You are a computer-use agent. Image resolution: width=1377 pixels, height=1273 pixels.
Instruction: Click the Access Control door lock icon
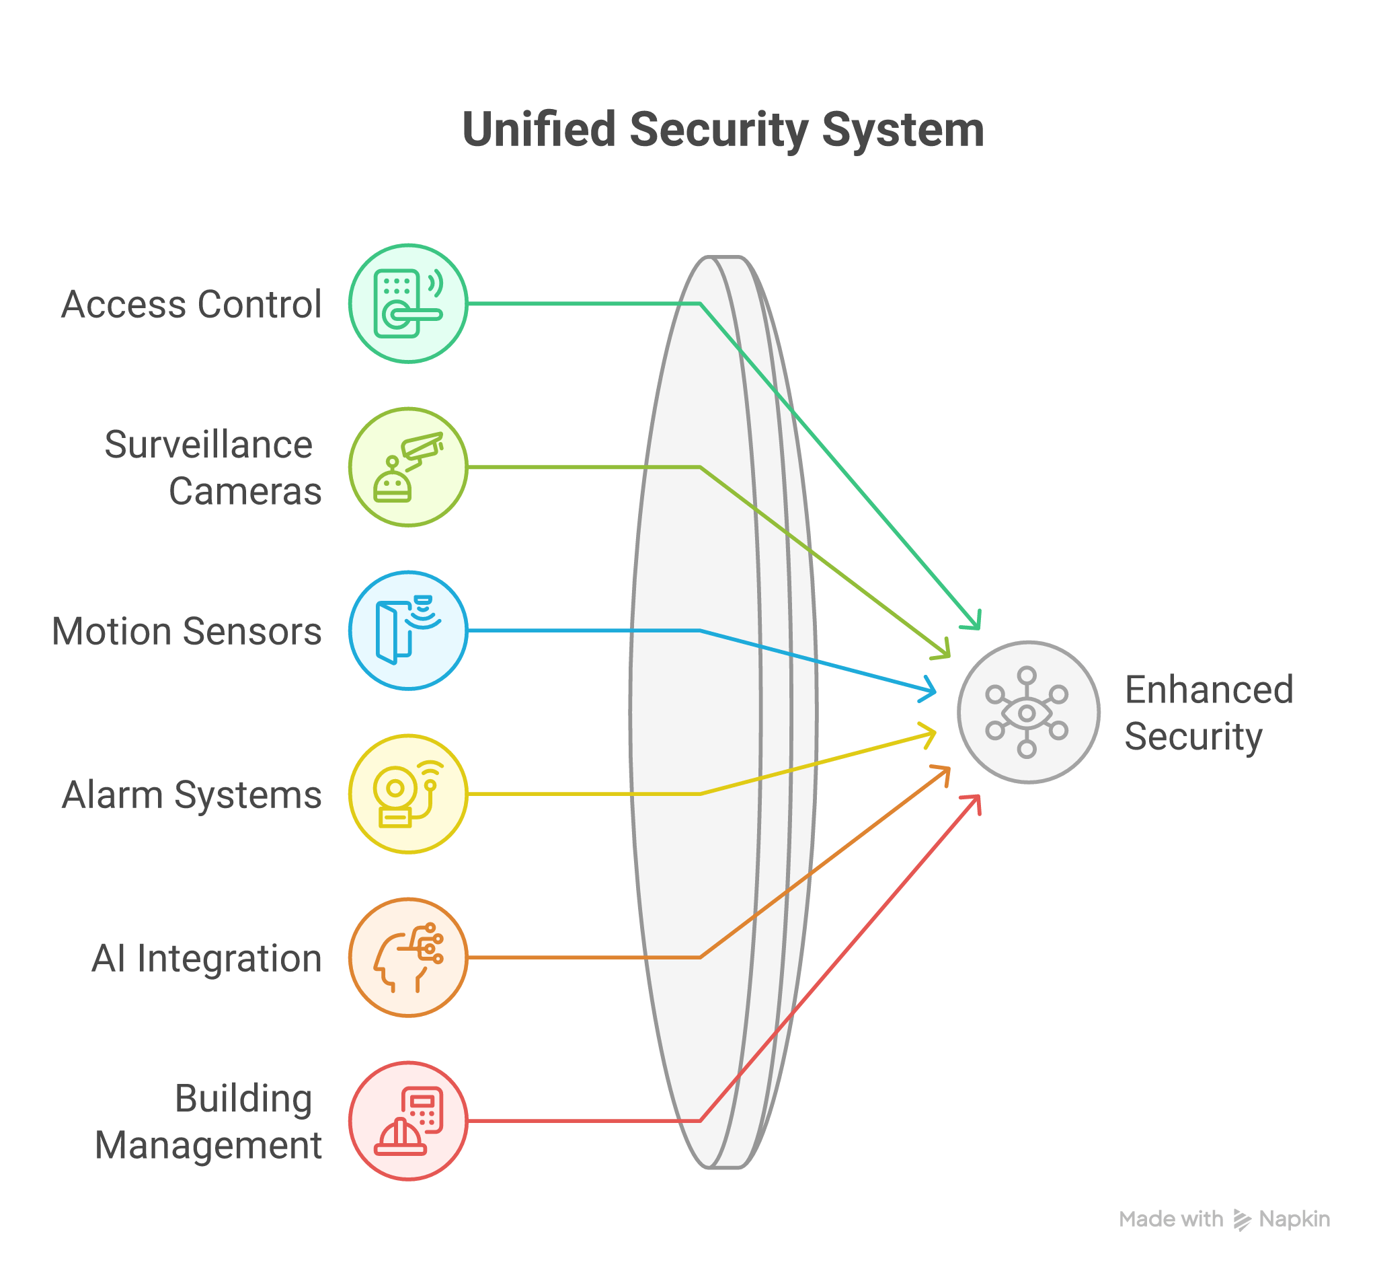point(407,303)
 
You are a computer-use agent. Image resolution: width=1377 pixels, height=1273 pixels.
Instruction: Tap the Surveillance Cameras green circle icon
point(407,467)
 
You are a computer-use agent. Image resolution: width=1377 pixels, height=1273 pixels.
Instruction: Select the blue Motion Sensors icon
point(407,630)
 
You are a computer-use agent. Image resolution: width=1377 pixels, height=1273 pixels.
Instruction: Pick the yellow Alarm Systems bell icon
point(407,793)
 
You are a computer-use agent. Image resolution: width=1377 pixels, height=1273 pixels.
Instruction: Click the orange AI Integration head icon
point(407,957)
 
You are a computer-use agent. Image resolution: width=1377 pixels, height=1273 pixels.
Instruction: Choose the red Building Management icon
point(407,1121)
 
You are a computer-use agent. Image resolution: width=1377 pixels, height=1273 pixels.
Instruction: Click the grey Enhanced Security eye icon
point(1027,713)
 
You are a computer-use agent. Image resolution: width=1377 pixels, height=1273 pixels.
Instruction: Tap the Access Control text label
point(192,305)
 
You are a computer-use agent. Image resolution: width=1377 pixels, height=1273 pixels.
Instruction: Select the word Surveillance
point(208,444)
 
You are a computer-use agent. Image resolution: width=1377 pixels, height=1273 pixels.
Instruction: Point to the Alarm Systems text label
point(192,795)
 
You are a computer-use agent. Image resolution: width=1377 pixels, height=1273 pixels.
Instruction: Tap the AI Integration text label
point(206,958)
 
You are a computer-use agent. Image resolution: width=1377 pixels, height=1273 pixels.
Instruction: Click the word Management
point(208,1146)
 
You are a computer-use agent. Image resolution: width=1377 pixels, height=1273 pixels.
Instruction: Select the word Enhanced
point(1209,690)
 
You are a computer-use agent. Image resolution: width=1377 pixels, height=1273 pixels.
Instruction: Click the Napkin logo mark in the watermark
point(1241,1219)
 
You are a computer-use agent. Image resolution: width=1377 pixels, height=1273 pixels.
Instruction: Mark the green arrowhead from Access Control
point(974,621)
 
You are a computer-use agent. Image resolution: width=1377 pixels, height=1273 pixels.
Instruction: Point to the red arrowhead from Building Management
point(974,802)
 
